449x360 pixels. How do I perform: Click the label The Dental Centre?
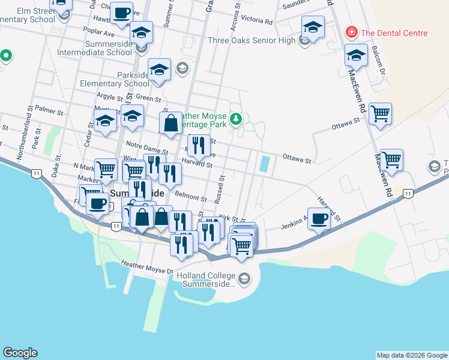click(394, 33)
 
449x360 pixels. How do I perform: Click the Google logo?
click(20, 353)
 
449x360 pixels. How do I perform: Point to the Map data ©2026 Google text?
click(411, 355)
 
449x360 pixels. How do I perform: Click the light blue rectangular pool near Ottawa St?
click(264, 163)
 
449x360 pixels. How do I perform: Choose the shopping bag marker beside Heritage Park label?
click(171, 123)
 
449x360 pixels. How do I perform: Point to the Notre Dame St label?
click(146, 148)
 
